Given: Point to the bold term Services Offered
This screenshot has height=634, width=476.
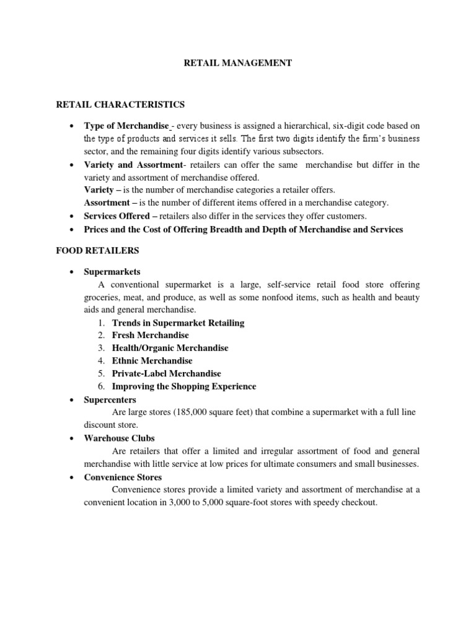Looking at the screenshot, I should (117, 216).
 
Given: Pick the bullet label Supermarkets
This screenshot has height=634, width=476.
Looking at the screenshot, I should (112, 272).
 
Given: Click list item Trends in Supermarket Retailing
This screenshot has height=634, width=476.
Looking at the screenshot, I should (178, 323).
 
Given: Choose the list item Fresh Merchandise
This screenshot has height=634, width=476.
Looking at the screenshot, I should (150, 335).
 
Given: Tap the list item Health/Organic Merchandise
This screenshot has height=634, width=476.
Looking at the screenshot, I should (170, 348).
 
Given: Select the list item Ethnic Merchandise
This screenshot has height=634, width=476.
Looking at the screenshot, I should (152, 360).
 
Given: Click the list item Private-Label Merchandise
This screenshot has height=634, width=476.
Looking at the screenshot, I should (166, 373).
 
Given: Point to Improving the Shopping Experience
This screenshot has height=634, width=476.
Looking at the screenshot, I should (183, 386).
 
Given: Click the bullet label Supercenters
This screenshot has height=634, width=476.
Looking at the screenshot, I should (110, 400).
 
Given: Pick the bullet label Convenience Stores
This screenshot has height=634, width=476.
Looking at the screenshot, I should (123, 477).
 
